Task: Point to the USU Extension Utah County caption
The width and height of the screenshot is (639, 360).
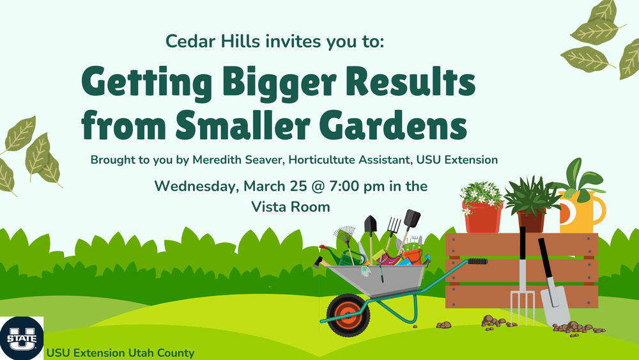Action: (x=119, y=352)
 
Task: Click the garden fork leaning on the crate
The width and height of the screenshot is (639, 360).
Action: (x=522, y=281)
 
